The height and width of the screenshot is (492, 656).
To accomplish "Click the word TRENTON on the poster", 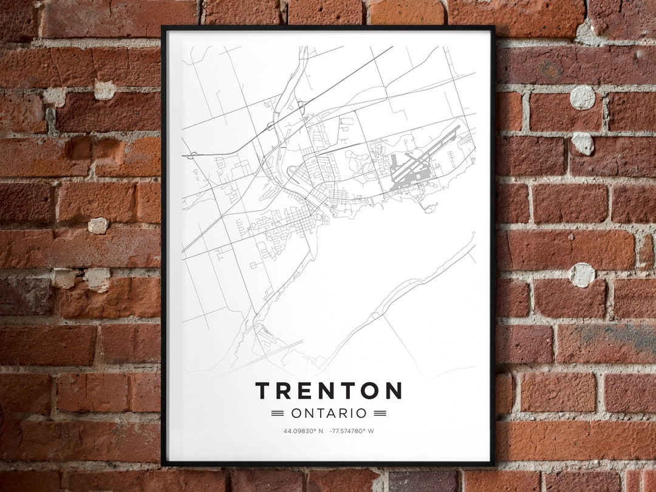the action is (x=328, y=391).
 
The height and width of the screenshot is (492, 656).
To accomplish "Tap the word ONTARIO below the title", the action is (x=329, y=414).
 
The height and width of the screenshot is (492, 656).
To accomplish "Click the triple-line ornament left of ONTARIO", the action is (x=278, y=414).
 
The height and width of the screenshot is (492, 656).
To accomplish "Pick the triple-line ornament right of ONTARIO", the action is (x=380, y=414).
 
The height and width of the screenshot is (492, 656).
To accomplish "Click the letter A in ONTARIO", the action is (x=332, y=414).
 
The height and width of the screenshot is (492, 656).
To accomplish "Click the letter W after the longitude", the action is (x=371, y=431).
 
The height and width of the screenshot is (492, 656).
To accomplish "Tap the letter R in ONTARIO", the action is (x=344, y=414).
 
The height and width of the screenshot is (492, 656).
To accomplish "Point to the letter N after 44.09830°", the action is (x=321, y=431).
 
